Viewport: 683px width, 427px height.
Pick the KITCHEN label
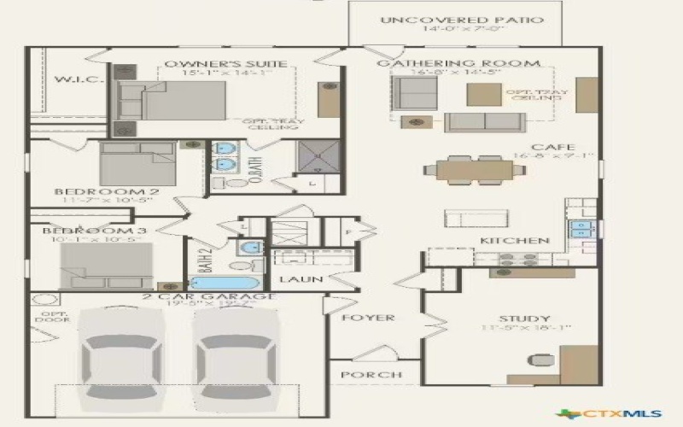[514, 241]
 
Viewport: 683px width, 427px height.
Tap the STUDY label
[524, 319]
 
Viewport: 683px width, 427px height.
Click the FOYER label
[368, 318]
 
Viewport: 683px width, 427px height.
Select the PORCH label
[371, 375]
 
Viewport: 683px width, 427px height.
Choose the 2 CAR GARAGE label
[208, 296]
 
